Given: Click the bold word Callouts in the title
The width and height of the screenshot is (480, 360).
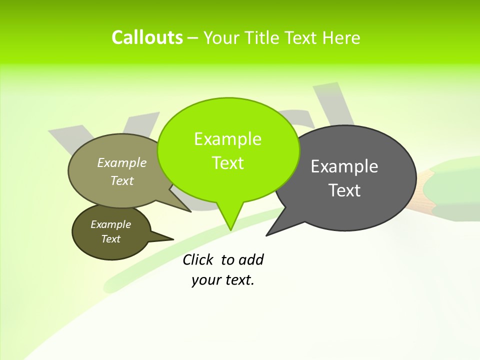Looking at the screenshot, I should point(147,37).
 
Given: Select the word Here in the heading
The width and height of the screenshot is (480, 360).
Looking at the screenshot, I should point(341,38).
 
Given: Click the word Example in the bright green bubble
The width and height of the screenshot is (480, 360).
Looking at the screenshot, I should point(227,139).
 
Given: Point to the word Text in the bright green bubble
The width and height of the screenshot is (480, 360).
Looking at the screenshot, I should point(227,163).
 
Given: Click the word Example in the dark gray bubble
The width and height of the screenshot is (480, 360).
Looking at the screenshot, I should point(344,166).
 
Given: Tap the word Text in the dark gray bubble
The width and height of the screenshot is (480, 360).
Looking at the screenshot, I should point(344,190).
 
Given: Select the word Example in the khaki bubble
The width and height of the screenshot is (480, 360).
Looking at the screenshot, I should point(121,162).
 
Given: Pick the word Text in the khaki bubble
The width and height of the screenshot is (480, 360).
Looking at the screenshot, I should point(121,180).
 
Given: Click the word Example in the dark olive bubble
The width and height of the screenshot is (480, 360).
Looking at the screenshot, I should point(110,224).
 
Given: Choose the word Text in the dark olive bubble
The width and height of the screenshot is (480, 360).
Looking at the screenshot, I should point(110,239).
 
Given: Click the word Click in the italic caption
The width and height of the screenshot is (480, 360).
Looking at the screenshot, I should point(197,259).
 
